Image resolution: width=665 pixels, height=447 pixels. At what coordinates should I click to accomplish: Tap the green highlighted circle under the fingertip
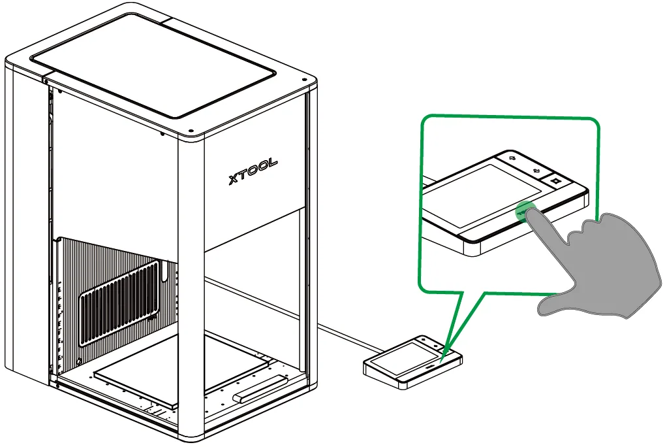(x=526, y=211)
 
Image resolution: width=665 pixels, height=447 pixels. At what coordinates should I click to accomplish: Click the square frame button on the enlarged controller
(x=555, y=181)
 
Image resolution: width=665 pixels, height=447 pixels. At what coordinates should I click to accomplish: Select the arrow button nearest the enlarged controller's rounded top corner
(x=512, y=158)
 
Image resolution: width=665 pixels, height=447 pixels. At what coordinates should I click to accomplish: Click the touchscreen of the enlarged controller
(x=484, y=195)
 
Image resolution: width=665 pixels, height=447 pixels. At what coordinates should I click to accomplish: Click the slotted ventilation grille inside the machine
(x=120, y=302)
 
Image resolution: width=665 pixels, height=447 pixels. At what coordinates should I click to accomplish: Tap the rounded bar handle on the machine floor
(x=260, y=388)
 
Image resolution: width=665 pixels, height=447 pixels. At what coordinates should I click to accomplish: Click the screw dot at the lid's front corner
(x=191, y=131)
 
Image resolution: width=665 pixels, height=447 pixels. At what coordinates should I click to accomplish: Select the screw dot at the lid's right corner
(x=303, y=80)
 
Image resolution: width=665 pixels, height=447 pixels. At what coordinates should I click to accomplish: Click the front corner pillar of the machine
(x=191, y=289)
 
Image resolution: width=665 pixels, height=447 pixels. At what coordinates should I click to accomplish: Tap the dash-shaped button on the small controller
(x=429, y=364)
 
